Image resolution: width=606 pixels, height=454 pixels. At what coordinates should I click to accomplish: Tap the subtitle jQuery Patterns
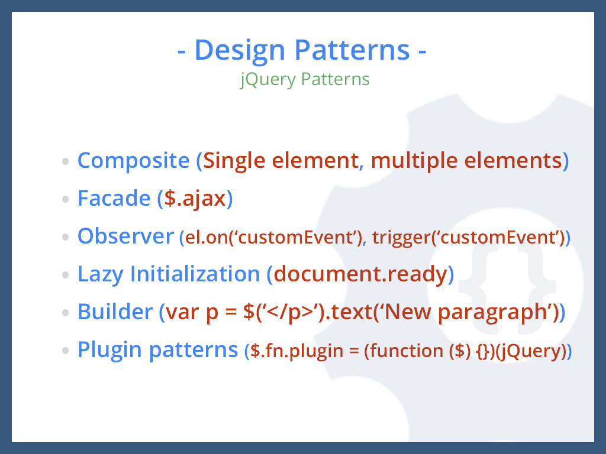(x=305, y=79)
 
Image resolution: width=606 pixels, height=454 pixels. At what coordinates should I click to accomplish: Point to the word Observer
(x=125, y=236)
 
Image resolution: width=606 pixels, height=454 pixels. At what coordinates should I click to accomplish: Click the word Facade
(x=114, y=198)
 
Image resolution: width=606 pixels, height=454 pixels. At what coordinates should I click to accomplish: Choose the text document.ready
(x=360, y=274)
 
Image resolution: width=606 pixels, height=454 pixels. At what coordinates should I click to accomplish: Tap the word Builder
(x=115, y=312)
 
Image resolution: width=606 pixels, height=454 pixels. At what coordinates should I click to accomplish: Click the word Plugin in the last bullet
(x=110, y=349)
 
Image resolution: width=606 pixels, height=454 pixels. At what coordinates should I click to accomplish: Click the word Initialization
(x=195, y=274)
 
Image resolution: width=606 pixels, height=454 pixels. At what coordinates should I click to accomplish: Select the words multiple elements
(x=466, y=160)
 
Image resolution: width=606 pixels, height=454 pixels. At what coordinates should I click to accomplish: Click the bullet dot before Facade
(x=66, y=199)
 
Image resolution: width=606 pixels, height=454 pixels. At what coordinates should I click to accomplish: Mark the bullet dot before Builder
(x=66, y=313)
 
